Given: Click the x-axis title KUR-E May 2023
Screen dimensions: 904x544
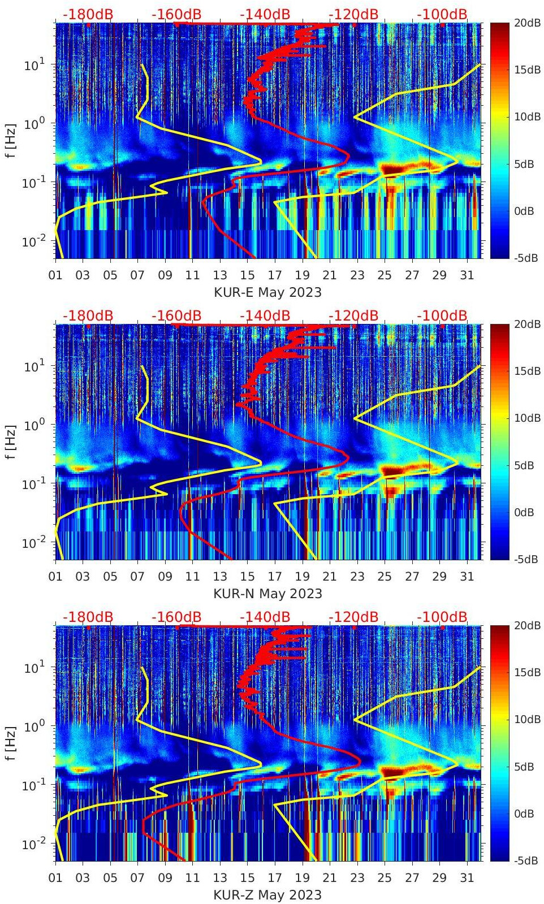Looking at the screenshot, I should (267, 292).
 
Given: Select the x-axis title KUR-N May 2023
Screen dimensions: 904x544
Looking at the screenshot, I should (267, 594).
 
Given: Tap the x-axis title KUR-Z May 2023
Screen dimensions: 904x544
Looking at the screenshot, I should (267, 895).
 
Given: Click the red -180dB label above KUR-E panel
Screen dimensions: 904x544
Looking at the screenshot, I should (88, 14).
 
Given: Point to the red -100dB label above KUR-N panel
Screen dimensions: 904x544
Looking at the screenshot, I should (442, 315).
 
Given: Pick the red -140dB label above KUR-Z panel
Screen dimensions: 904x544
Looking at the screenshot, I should (265, 617).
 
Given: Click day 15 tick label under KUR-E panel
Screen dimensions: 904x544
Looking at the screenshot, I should (247, 275).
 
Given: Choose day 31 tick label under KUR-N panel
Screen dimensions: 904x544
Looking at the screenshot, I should (467, 577).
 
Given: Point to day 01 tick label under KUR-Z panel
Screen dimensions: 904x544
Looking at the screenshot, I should (55, 878).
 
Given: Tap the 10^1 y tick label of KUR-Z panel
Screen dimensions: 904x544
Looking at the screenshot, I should (34, 668).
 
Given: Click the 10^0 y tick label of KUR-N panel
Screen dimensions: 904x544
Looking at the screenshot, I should (34, 425).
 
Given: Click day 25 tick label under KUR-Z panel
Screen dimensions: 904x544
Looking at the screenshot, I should (385, 878).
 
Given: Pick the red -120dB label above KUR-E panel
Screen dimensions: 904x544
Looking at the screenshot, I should (353, 14).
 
